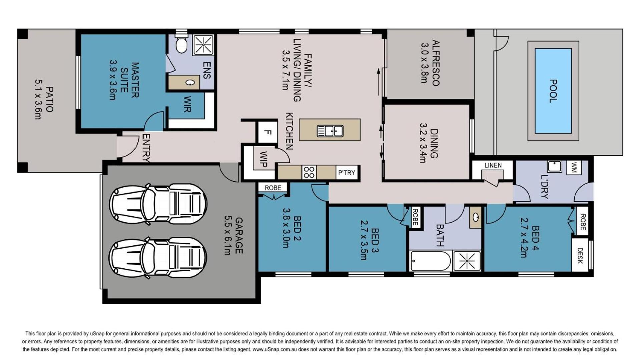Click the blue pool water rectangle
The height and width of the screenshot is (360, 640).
(x=553, y=91)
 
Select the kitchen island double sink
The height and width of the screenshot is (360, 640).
(x=330, y=131)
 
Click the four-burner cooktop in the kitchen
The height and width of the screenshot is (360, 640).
(x=309, y=172)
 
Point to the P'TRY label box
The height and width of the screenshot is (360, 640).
(x=347, y=173)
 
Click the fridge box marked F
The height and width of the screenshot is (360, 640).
(x=267, y=132)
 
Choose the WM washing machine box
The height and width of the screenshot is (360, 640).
(x=574, y=167)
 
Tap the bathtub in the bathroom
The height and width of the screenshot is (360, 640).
(x=431, y=261)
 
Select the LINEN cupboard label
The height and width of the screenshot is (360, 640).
(x=493, y=165)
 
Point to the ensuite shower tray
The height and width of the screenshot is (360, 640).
(x=203, y=44)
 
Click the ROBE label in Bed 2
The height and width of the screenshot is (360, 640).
(x=273, y=188)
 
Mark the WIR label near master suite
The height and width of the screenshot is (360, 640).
(x=187, y=104)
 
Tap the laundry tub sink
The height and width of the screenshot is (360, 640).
(x=554, y=166)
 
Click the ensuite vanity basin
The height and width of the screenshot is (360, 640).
(x=190, y=83)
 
